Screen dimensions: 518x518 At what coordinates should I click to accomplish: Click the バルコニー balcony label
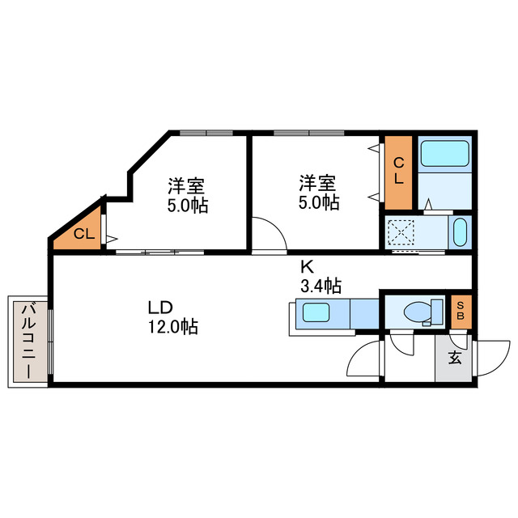[28, 341]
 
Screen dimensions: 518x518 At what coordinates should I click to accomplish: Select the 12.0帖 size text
[172, 328]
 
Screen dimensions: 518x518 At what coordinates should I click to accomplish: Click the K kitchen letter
[308, 265]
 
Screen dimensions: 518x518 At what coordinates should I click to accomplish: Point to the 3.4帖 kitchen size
[321, 285]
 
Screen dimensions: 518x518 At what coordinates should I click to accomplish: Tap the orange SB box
[461, 310]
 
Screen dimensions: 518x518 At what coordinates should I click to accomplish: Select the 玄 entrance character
[455, 357]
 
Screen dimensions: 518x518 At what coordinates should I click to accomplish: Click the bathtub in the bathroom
[444, 153]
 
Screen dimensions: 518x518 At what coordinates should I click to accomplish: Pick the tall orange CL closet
[399, 172]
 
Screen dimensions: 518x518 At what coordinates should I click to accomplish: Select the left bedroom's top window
[206, 133]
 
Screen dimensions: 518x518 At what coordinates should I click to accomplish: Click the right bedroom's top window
[308, 133]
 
